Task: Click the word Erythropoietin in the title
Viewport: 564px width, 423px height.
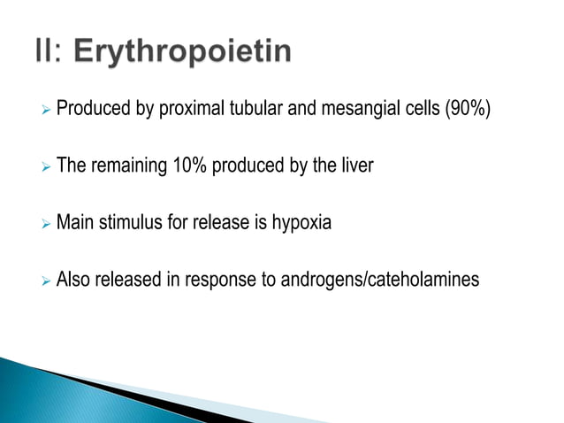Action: pyautogui.click(x=181, y=51)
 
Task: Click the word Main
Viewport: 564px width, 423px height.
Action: pyautogui.click(x=75, y=223)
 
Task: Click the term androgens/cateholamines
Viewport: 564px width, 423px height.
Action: pyautogui.click(x=379, y=280)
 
